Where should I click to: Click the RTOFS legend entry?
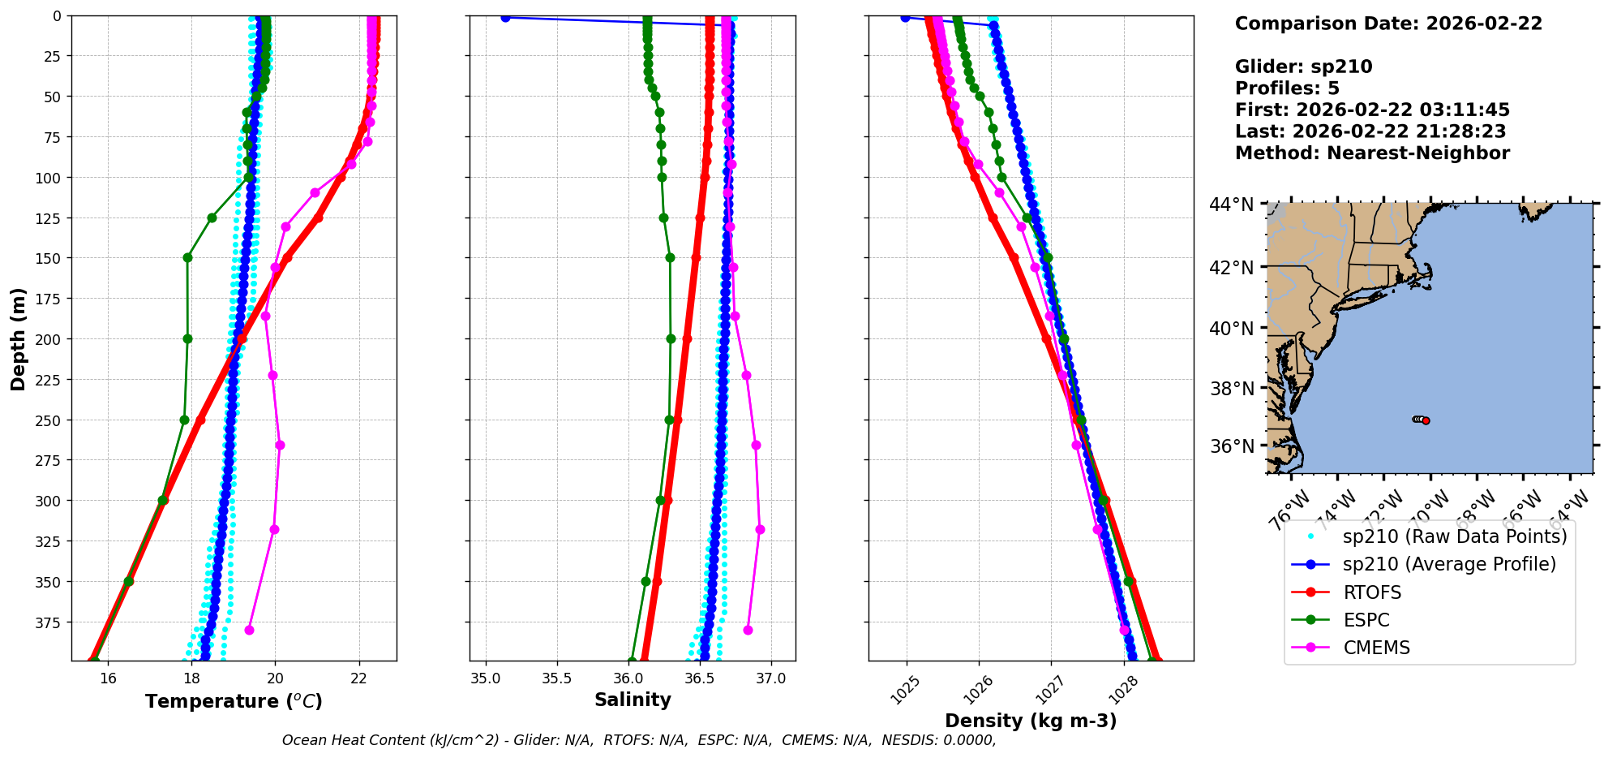[1372, 592]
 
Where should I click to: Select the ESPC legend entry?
[1366, 620]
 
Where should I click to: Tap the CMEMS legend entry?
[1376, 648]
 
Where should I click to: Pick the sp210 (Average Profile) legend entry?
[1449, 564]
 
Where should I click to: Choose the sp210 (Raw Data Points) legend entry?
[1455, 536]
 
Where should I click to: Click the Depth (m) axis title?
[18, 338]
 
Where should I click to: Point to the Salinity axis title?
[633, 700]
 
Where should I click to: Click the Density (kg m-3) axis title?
[1031, 721]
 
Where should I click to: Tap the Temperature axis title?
[234, 701]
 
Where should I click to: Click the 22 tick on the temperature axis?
[359, 678]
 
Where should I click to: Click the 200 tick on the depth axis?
[50, 339]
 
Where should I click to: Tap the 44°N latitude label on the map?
[1232, 205]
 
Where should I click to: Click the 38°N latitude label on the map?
[1232, 389]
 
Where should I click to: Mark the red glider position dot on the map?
[1426, 420]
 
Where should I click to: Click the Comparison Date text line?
[1388, 24]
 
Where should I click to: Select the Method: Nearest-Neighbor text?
[1372, 153]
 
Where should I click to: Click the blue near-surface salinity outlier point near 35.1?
[505, 17]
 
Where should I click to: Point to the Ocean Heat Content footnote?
[639, 740]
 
